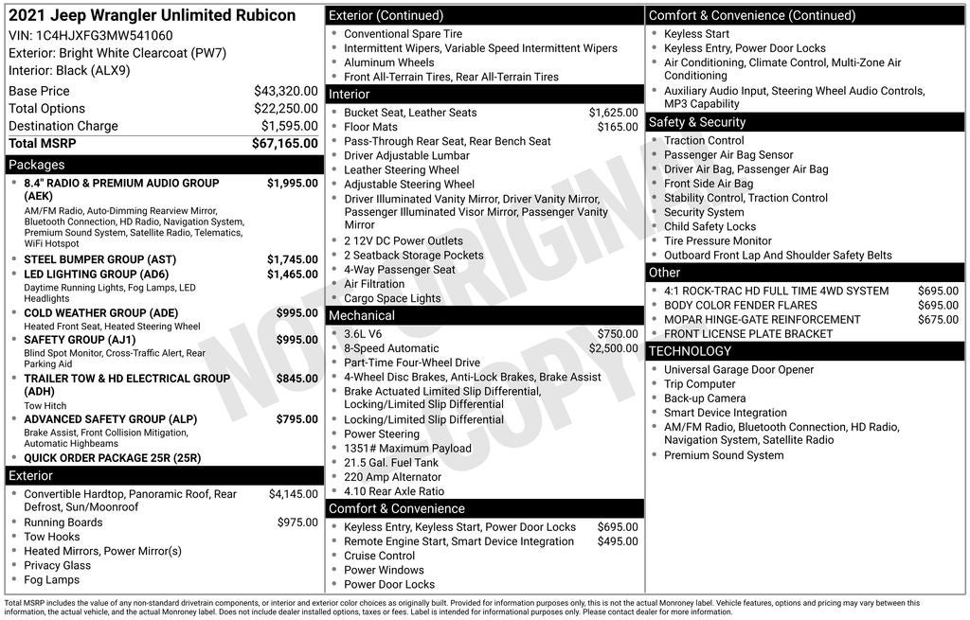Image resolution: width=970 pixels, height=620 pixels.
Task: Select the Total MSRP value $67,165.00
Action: pyautogui.click(x=284, y=144)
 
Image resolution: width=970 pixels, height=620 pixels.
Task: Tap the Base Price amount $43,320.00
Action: pyautogui.click(x=285, y=91)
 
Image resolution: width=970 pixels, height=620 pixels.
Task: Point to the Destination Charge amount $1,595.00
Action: pyautogui.click(x=289, y=126)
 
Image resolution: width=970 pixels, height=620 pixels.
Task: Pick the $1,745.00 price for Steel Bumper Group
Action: pyautogui.click(x=292, y=259)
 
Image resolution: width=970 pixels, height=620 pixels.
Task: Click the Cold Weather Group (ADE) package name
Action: pyautogui.click(x=100, y=313)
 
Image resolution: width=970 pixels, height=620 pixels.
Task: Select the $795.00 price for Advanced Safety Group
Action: pyautogui.click(x=296, y=419)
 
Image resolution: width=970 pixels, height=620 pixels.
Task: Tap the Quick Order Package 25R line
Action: pyautogui.click(x=112, y=458)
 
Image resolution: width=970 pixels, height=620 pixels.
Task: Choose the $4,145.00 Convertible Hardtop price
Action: pyautogui.click(x=293, y=494)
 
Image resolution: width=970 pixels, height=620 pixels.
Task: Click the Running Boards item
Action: pyautogui.click(x=63, y=523)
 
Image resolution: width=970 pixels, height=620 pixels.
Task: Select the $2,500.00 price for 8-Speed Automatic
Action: pyautogui.click(x=613, y=348)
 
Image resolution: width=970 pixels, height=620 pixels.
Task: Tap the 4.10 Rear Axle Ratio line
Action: pyautogui.click(x=393, y=491)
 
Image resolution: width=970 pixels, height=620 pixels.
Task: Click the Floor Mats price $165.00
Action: pyautogui.click(x=618, y=127)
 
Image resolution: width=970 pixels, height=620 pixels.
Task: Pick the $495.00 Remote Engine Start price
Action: pyautogui.click(x=618, y=541)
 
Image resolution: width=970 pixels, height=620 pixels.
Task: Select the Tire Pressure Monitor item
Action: pyautogui.click(x=717, y=240)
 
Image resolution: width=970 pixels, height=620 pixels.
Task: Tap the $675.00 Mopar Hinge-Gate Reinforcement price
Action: pyautogui.click(x=938, y=320)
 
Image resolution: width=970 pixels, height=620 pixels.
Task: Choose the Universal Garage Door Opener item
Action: pyautogui.click(x=738, y=370)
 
